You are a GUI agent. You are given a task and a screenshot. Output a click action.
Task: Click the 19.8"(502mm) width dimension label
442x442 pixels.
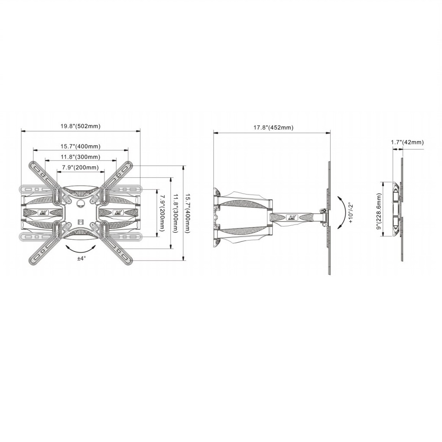pos(80,126)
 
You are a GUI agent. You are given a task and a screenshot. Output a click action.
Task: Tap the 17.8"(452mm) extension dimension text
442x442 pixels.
pos(273,127)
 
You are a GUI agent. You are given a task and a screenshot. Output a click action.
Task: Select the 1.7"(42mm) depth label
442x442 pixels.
pos(407,142)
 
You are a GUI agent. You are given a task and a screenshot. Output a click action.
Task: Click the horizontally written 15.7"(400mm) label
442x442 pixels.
pos(80,146)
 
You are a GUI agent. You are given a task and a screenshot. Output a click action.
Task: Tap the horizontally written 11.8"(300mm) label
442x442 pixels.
pos(80,157)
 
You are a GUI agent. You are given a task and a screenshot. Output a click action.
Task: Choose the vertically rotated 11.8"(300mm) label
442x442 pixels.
pos(175,213)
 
